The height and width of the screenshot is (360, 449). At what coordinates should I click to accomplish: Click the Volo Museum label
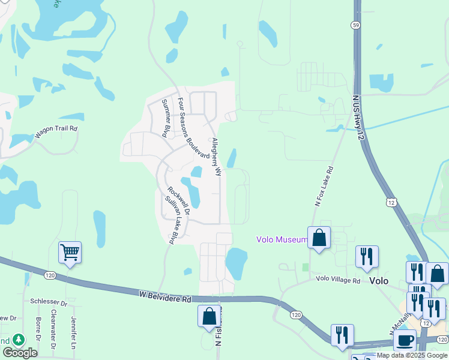[x=282, y=239]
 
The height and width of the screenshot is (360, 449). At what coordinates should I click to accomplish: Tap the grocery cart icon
[x=70, y=253]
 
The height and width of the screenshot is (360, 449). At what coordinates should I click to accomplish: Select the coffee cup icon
[x=405, y=340]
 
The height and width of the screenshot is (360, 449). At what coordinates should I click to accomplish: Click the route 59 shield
[x=355, y=25]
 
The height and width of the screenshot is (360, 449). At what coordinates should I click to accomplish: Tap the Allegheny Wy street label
[x=216, y=157]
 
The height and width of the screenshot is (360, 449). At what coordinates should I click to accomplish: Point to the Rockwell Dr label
[x=179, y=201]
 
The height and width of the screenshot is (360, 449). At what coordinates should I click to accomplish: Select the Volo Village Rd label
[x=338, y=280]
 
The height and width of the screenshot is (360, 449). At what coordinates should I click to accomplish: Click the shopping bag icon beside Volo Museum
[x=319, y=238]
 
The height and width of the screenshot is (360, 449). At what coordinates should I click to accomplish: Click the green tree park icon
[x=19, y=340]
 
